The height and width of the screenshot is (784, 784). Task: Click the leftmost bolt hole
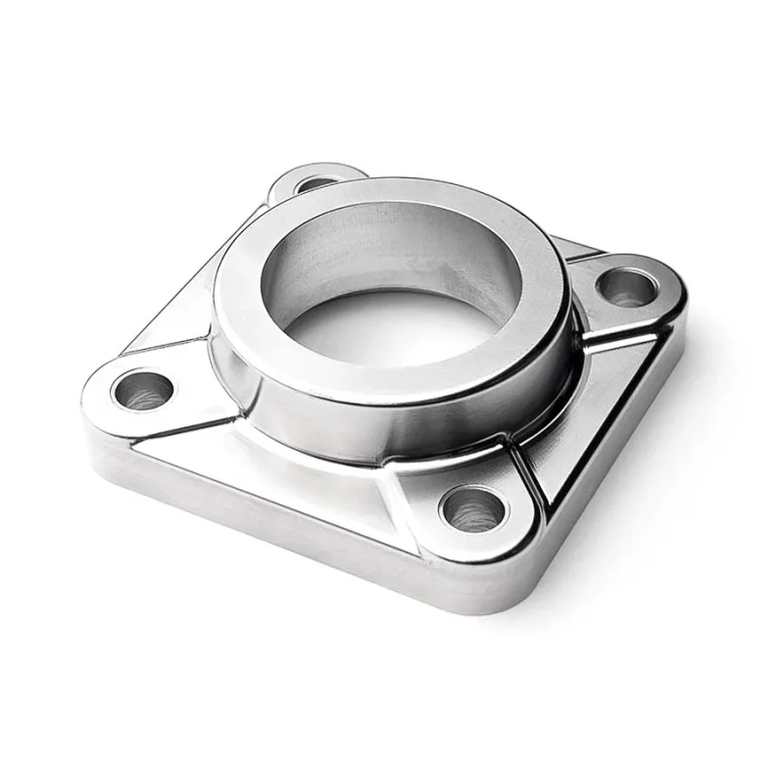click(x=143, y=389)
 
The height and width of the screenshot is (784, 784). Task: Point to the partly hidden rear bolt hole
click(x=316, y=183)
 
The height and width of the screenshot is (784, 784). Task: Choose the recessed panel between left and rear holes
click(x=186, y=304)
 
